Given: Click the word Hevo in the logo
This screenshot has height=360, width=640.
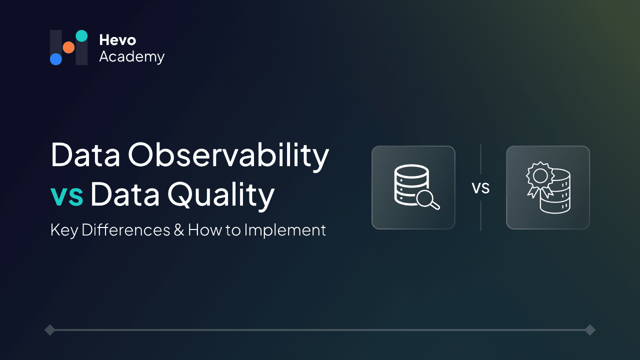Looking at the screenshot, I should (117, 40).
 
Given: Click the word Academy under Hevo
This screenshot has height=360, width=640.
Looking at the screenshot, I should (131, 57).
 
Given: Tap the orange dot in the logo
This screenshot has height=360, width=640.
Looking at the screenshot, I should (68, 47).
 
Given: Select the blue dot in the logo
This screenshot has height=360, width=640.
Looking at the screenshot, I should (56, 59).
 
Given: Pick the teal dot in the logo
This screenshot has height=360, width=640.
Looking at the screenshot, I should (81, 35).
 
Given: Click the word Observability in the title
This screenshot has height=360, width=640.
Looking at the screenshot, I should (228, 155).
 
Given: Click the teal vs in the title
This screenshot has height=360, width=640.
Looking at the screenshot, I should (67, 196).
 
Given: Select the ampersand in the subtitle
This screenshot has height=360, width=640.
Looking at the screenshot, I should (179, 230).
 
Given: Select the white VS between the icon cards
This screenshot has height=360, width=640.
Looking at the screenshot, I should (480, 188).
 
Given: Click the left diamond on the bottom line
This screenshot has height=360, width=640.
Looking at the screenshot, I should (49, 329).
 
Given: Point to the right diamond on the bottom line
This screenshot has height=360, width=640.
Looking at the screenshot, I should (590, 329).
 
